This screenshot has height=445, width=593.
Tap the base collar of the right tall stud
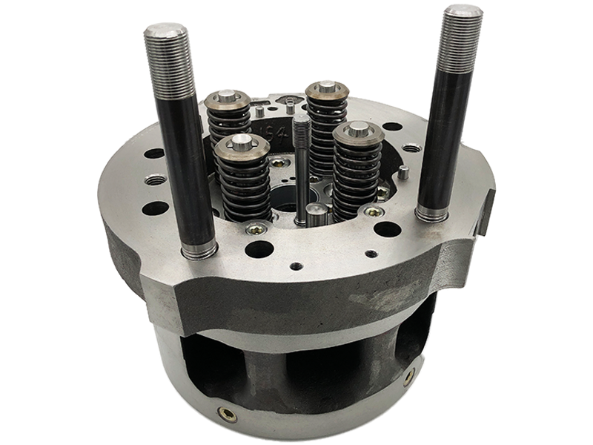click(432, 214)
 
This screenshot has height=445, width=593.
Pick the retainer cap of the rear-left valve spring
click(227, 99)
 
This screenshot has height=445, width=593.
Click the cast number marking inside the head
click(260, 132)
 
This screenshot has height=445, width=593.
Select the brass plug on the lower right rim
click(409, 377)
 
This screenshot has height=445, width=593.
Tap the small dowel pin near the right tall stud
click(403, 173)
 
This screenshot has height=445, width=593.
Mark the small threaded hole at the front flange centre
click(296, 265)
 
